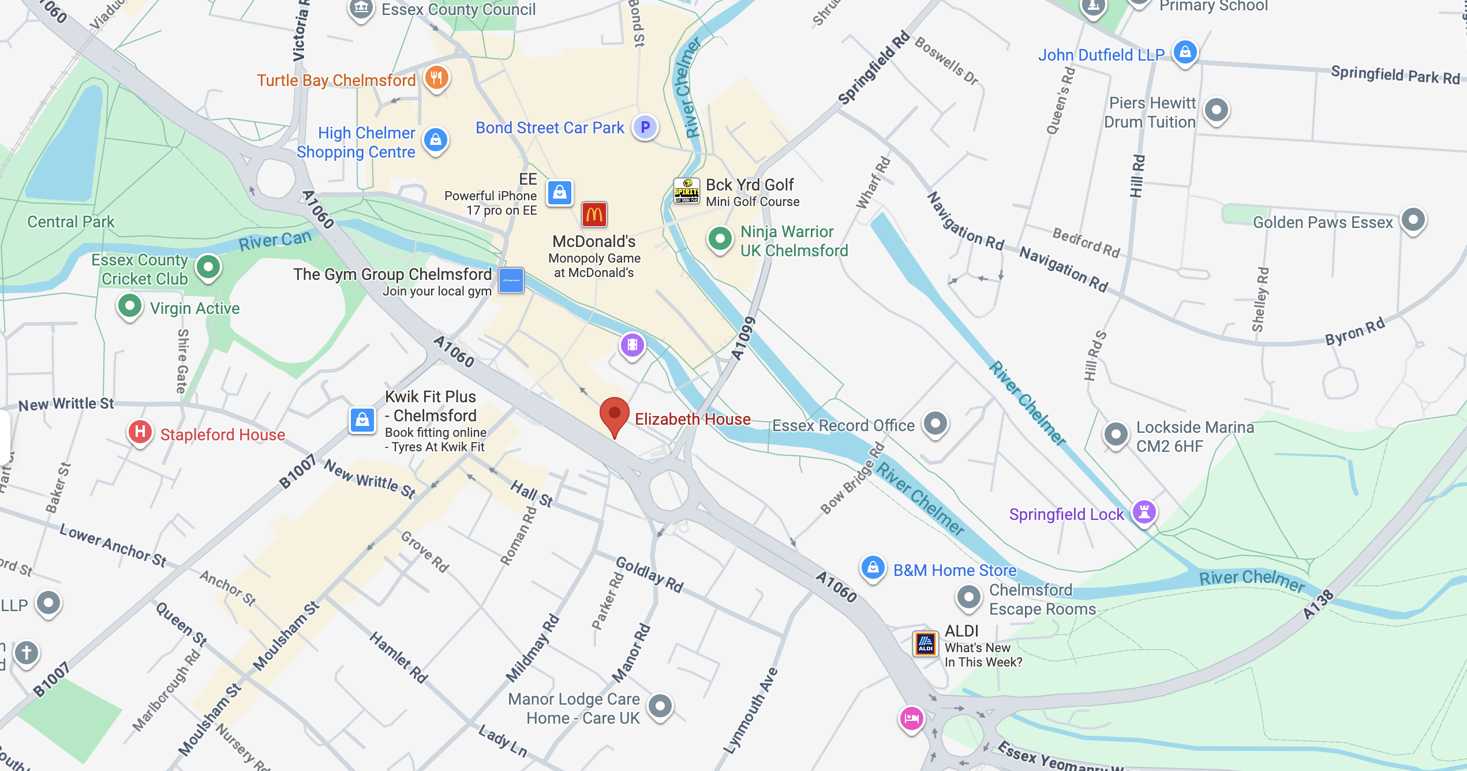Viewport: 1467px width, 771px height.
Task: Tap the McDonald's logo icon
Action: [594, 215]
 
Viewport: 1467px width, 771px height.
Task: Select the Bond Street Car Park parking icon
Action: [645, 127]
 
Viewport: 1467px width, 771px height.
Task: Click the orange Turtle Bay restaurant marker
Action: [437, 77]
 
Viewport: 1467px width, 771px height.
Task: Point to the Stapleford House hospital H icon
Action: [140, 432]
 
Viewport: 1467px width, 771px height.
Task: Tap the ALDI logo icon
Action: [925, 643]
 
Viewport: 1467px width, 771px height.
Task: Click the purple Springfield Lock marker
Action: [1144, 511]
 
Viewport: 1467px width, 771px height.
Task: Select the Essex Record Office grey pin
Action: [935, 423]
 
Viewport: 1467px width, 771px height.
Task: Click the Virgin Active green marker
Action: [130, 305]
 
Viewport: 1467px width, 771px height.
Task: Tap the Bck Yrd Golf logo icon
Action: [687, 191]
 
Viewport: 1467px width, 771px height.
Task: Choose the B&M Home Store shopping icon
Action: [873, 568]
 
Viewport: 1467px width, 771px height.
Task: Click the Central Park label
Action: [71, 222]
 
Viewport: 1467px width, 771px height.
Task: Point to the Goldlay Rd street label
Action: [649, 575]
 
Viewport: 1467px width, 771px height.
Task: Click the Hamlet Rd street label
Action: [399, 657]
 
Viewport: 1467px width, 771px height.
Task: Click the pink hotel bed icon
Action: [911, 718]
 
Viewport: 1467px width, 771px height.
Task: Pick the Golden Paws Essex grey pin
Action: [1413, 219]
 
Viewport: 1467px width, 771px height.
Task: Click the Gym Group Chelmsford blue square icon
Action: [511, 280]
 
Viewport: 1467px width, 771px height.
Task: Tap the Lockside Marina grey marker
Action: [1116, 434]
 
